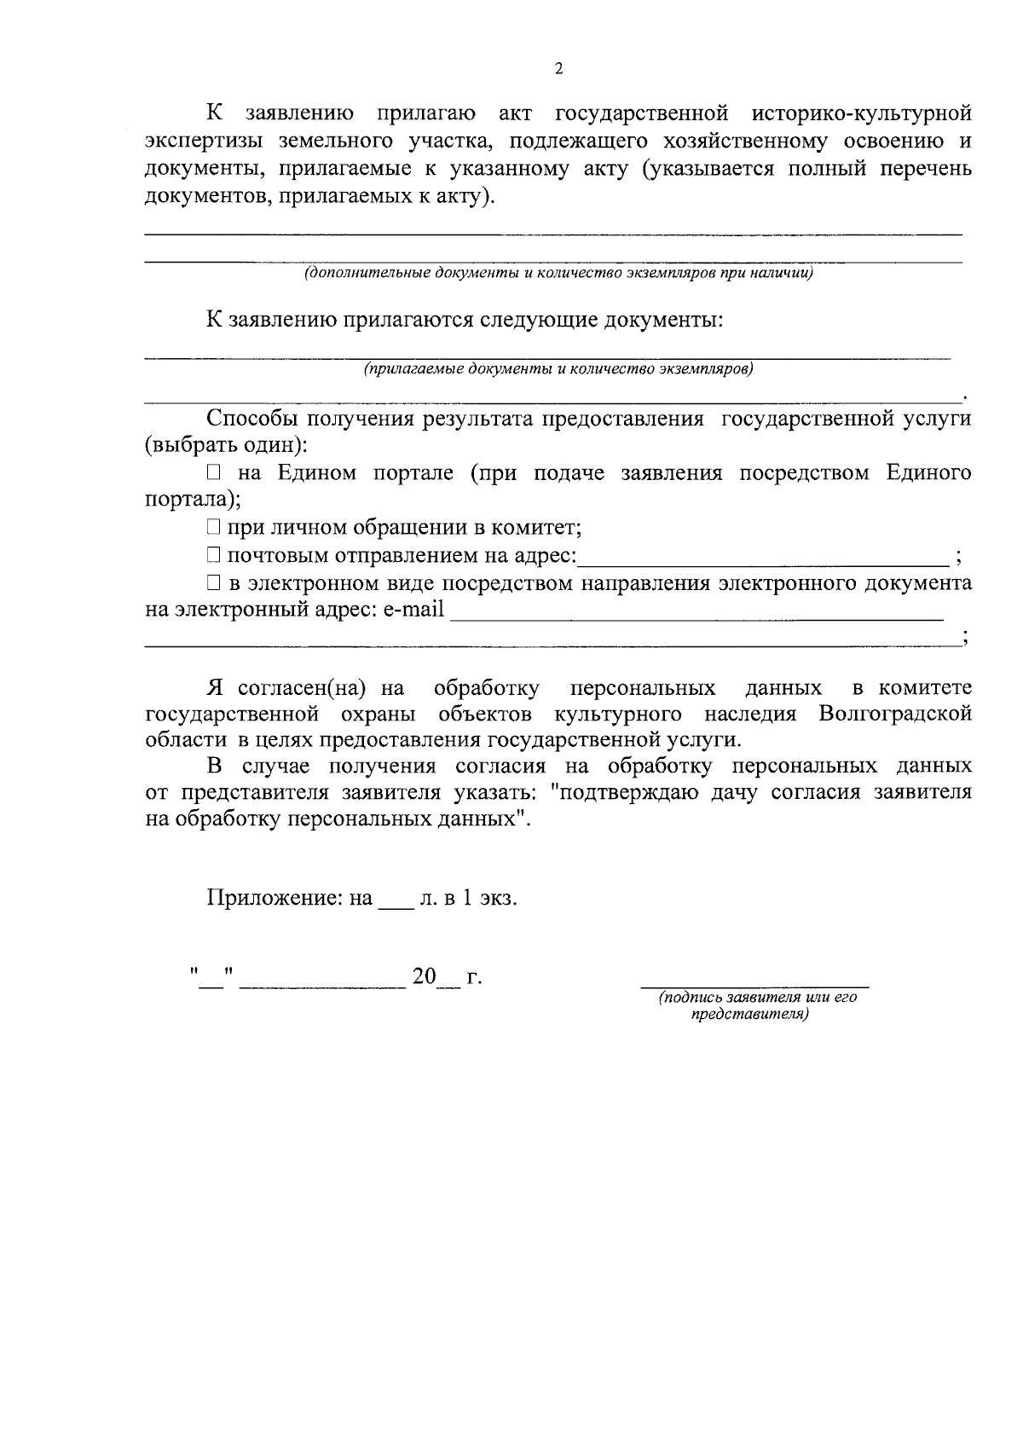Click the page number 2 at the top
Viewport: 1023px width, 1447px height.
[558, 69]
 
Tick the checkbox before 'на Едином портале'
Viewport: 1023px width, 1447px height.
[213, 473]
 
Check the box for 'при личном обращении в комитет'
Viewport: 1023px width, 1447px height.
[213, 529]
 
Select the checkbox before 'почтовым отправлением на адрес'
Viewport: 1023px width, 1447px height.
[213, 557]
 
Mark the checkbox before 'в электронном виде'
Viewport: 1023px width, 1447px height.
[213, 584]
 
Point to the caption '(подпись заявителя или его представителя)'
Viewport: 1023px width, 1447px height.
[756, 1006]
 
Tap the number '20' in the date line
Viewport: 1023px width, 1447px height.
[424, 977]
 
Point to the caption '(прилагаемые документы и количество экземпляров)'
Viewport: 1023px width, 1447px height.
[558, 369]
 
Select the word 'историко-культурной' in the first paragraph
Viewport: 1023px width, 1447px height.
[862, 113]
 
